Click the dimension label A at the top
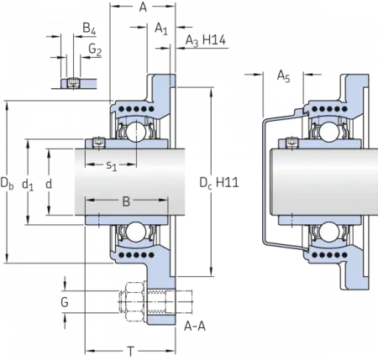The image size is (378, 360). [143, 8]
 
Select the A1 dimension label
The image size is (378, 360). [161, 29]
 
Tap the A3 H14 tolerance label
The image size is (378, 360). [206, 40]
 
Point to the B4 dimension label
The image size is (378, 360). [89, 29]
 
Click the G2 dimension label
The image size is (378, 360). [95, 50]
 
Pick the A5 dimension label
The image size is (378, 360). [284, 76]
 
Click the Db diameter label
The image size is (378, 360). [7, 183]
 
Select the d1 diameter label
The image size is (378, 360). [28, 185]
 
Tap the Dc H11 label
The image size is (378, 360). [219, 183]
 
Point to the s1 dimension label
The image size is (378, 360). [111, 165]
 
